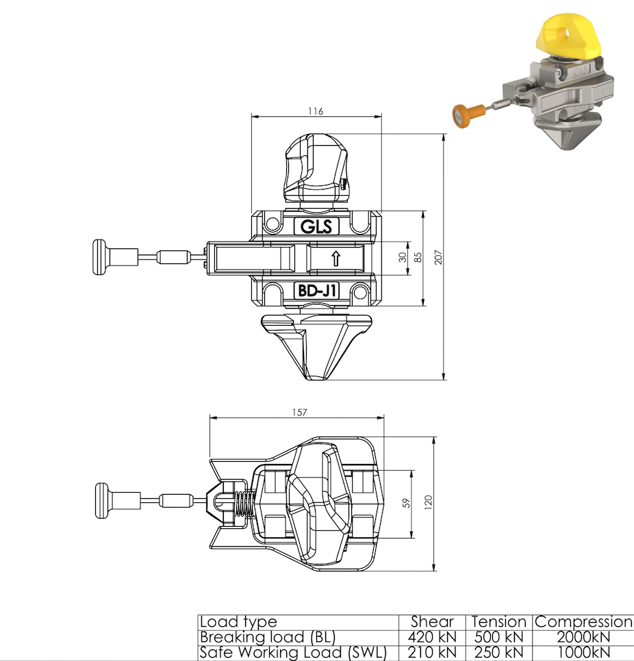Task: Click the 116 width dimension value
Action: tap(316, 111)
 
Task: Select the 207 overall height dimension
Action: tap(438, 257)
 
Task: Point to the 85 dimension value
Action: tap(418, 257)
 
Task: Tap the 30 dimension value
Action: tap(403, 257)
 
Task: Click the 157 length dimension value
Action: tap(299, 413)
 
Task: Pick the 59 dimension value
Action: tap(406, 503)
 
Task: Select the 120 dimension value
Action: tap(428, 502)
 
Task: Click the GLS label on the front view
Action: tap(316, 226)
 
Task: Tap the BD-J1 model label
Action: tap(316, 290)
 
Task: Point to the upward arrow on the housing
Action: tap(335, 259)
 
